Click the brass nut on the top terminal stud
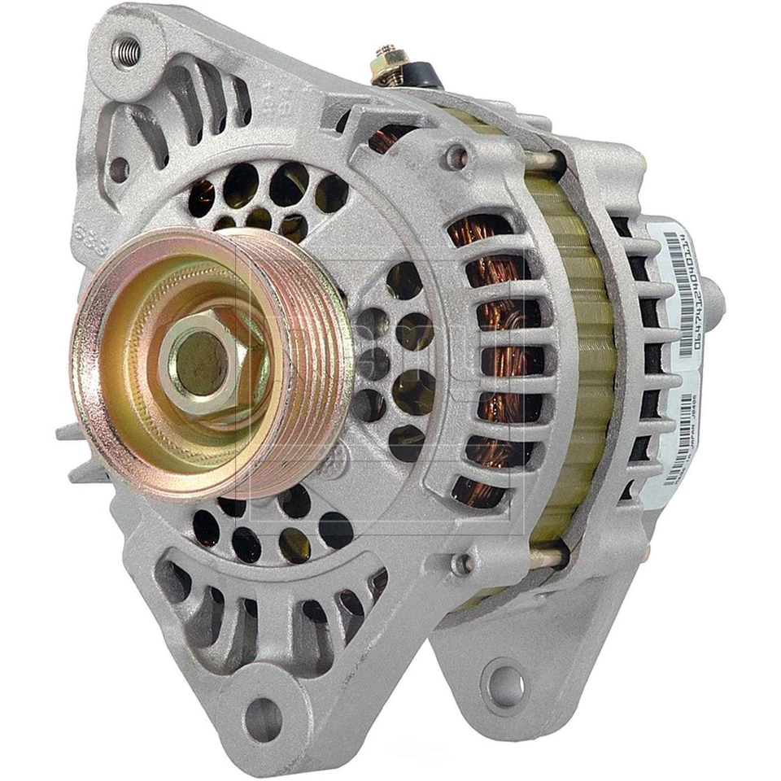pyautogui.click(x=386, y=60)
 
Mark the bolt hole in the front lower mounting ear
pyautogui.click(x=263, y=718)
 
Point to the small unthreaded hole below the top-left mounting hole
pyautogui.click(x=119, y=169)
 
